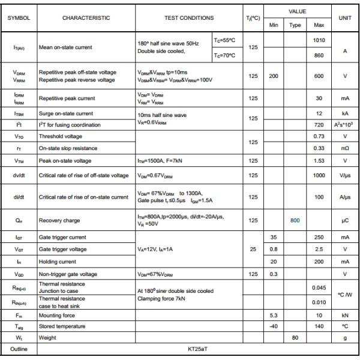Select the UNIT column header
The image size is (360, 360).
(x=344, y=18)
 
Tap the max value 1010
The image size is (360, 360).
(x=319, y=40)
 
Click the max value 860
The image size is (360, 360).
(x=319, y=55)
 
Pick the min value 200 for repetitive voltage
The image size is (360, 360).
(x=274, y=76)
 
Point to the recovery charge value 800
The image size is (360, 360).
(x=295, y=220)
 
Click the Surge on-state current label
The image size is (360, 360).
(x=66, y=113)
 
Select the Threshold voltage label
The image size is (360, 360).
(x=60, y=137)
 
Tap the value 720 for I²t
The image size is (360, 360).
(x=319, y=125)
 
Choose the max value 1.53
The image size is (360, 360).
(x=319, y=160)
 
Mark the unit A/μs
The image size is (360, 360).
(x=344, y=197)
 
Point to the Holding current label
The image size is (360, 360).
(x=58, y=262)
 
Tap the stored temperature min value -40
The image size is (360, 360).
(x=274, y=326)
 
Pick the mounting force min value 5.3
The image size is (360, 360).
(x=274, y=315)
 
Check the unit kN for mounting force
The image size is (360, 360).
(x=344, y=315)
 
